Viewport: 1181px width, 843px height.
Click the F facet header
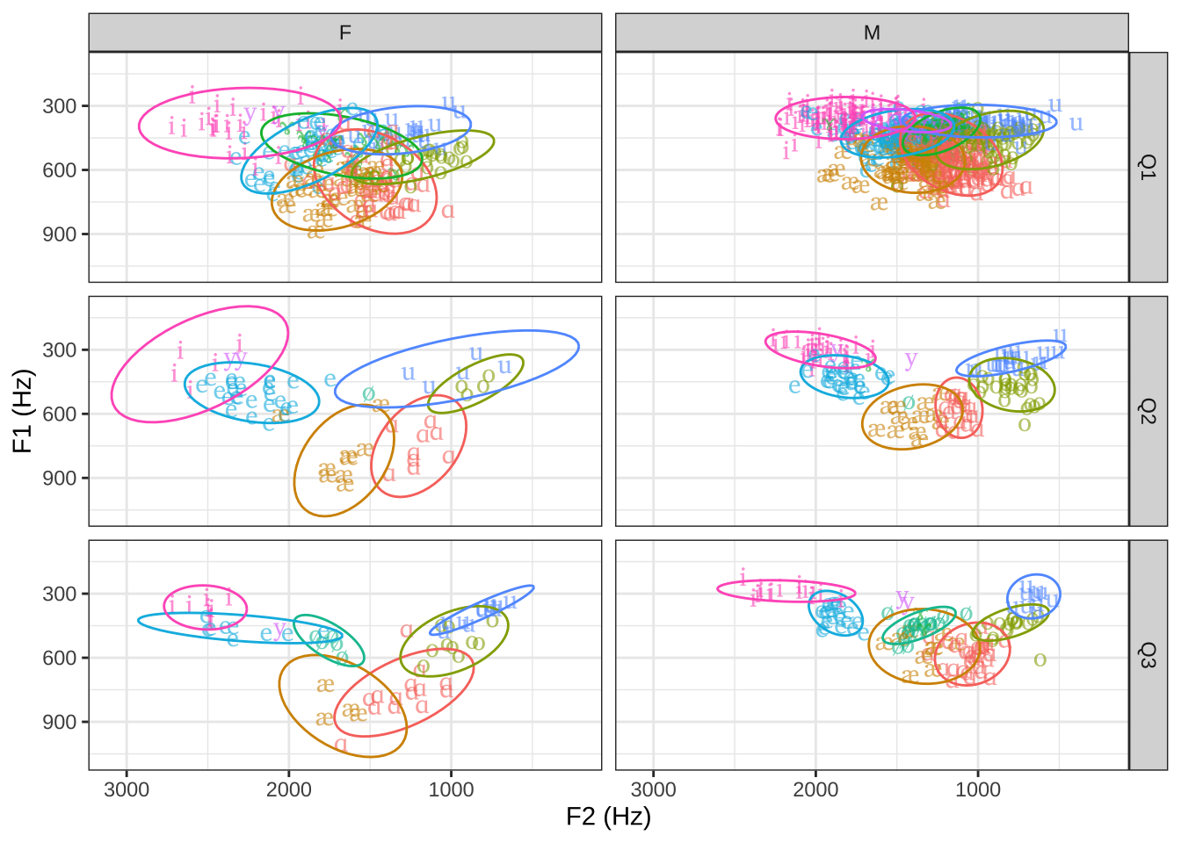(344, 32)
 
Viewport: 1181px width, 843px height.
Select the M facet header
(871, 32)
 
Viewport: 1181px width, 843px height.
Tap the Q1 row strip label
(1148, 167)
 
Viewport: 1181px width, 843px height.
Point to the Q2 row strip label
(1148, 411)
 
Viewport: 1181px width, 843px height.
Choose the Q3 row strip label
(1148, 655)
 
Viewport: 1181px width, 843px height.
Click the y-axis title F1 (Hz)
(23, 411)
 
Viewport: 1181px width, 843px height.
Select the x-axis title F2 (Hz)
(608, 818)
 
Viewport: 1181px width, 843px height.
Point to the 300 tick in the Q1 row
(60, 106)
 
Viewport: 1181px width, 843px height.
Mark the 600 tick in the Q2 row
(60, 414)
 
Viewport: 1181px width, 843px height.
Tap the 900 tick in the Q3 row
(60, 722)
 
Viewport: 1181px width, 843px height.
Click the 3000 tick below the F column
(127, 789)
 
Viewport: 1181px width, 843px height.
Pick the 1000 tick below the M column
(978, 789)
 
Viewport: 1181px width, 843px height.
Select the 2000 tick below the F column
(289, 789)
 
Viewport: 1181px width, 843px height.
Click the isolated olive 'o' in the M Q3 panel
(1040, 659)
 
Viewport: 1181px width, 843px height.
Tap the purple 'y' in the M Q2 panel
(911, 358)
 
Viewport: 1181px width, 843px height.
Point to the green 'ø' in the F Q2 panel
(368, 393)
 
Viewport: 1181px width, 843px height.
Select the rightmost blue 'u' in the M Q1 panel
(1076, 123)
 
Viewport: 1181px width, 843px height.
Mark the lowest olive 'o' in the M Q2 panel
(1025, 425)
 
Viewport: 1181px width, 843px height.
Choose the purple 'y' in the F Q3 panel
(279, 630)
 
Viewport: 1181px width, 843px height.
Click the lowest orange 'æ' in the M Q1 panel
(879, 204)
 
